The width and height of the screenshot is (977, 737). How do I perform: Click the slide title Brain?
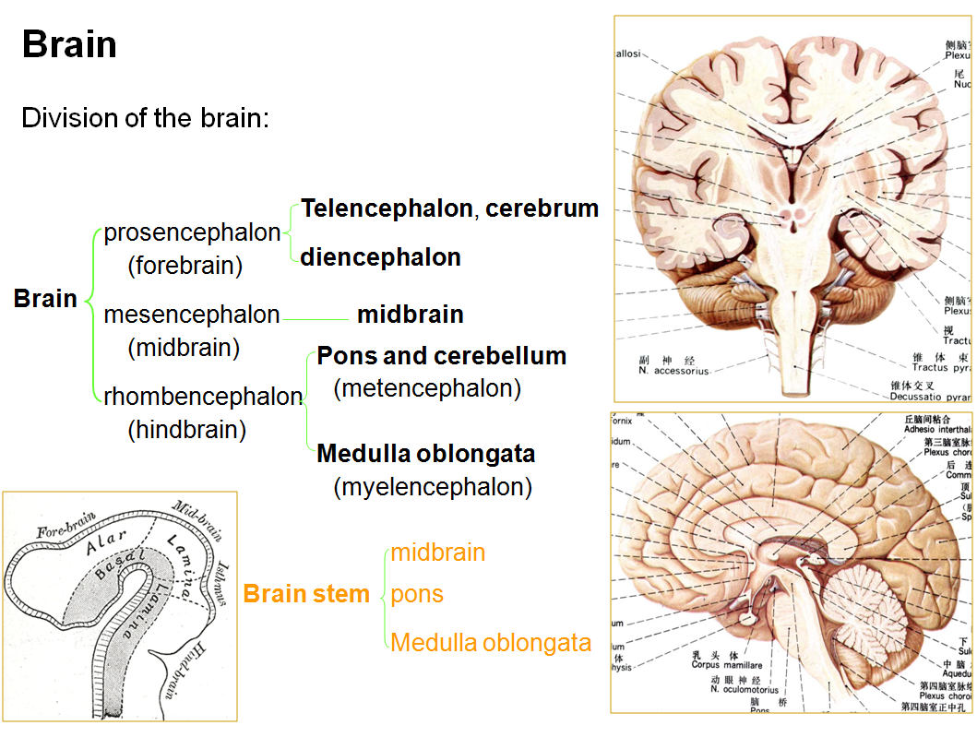coord(69,44)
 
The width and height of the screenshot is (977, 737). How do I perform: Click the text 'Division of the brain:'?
coord(145,118)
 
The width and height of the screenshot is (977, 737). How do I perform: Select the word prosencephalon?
coord(192,232)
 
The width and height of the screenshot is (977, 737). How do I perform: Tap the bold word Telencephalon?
coord(387,208)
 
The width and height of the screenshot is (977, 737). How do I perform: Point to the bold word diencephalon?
coord(380,257)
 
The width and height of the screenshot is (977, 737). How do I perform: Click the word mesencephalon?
coord(192,315)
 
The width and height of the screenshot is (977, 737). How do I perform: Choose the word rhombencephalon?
coord(203,397)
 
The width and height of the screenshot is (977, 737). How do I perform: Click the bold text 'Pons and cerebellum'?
coord(441,356)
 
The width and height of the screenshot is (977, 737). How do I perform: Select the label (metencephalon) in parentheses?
coord(427,388)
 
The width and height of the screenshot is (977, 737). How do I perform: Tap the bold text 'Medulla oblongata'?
coord(425,454)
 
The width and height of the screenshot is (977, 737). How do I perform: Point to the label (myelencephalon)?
coord(433,487)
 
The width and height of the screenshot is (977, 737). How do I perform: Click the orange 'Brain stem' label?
coord(306,594)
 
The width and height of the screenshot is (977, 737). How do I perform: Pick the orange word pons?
coord(417,594)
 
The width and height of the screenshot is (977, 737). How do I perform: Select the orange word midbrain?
coord(437,553)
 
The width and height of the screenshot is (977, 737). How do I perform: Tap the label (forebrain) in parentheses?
coord(185,266)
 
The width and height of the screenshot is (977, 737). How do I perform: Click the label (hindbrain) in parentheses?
coord(187,430)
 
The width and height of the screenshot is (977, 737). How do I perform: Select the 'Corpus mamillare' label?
coord(726,664)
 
